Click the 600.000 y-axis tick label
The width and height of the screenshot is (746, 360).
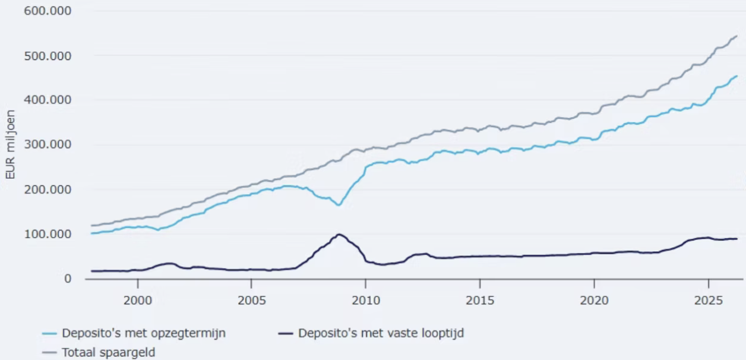[x=48, y=11]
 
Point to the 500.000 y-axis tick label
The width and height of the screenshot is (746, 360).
[x=48, y=56]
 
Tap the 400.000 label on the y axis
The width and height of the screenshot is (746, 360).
[x=48, y=100]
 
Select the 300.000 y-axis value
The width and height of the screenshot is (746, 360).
[x=48, y=144]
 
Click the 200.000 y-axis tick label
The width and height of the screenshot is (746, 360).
[x=48, y=190]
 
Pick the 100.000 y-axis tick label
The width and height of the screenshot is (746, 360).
[x=48, y=234]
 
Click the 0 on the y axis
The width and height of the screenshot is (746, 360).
[x=68, y=279]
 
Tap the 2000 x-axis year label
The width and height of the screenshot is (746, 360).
[x=138, y=301]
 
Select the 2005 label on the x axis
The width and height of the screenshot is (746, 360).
[x=252, y=301]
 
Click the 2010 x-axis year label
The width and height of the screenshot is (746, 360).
[x=366, y=301]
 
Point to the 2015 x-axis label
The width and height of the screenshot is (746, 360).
[x=480, y=301]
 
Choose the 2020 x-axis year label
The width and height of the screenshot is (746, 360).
[x=594, y=301]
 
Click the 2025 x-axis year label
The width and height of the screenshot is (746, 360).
[x=709, y=301]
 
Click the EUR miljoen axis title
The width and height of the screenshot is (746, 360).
[x=10, y=144]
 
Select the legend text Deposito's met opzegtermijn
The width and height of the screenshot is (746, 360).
[x=144, y=333]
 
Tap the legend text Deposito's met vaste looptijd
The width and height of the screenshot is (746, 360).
[x=381, y=333]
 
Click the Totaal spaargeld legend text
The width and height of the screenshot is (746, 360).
[x=109, y=352]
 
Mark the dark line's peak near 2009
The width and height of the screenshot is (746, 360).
[x=339, y=235]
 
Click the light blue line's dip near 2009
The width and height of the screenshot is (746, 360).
[x=339, y=205]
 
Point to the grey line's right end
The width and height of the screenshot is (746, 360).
[x=736, y=36]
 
